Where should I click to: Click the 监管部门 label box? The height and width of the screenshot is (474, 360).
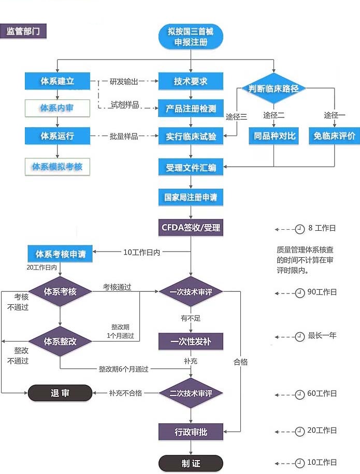tap(23, 31)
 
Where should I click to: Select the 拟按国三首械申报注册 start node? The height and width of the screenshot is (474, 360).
tap(191, 37)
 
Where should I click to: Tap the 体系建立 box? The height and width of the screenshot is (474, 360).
tap(57, 81)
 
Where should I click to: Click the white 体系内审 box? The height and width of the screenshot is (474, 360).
tap(57, 108)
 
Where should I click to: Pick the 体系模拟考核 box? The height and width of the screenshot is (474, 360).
tap(57, 167)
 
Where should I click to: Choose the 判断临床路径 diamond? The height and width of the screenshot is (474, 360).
tap(273, 88)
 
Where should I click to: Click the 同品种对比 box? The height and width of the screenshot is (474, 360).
tap(274, 136)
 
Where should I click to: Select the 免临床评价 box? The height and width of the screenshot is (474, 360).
tap(334, 136)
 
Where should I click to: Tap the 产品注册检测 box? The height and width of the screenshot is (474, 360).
tap(191, 109)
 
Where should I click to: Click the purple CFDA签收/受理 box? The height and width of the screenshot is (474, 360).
tap(191, 228)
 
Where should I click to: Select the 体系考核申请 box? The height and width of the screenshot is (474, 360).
tap(60, 254)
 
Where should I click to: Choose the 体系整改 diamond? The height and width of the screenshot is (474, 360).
tap(60, 341)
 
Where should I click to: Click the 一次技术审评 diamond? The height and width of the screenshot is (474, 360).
tap(191, 292)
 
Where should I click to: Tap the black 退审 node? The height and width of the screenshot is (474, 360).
tap(60, 393)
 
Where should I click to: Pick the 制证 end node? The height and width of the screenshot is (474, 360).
tap(191, 463)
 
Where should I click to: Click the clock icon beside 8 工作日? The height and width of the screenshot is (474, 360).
tap(299, 229)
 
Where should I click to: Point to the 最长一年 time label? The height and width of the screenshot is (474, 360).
tap(322, 336)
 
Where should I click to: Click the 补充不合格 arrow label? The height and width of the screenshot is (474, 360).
tap(125, 393)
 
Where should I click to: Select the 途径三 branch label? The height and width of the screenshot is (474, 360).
tap(236, 116)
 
